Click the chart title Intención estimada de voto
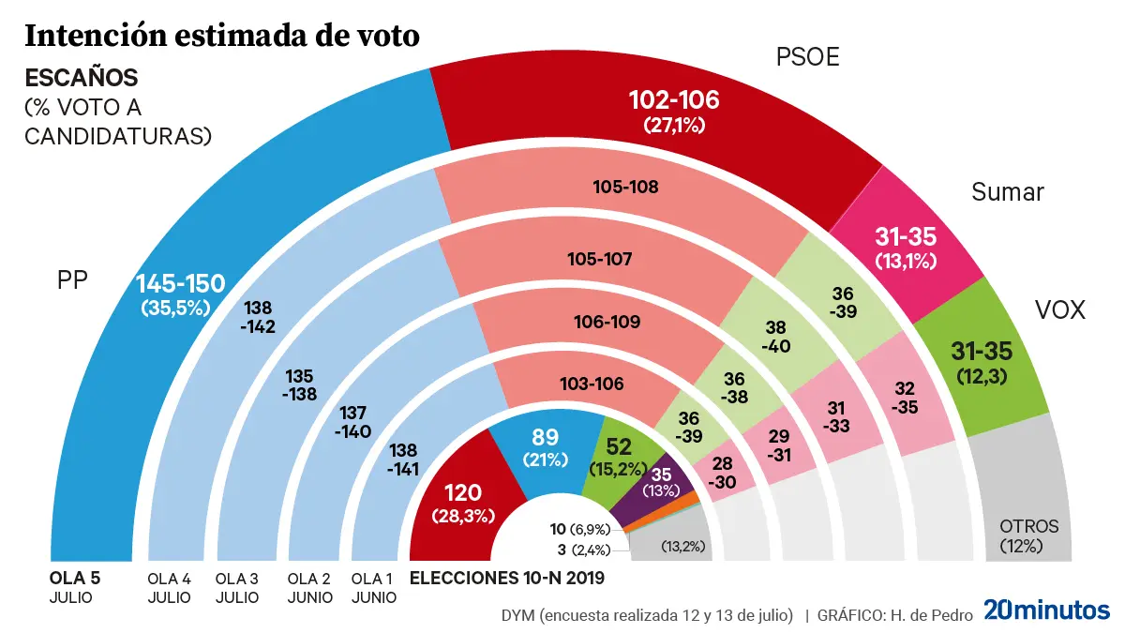click(221, 36)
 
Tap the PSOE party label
click(807, 58)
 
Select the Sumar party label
click(1007, 192)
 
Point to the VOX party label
click(1059, 310)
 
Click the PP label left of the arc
click(72, 280)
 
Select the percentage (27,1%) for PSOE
click(672, 124)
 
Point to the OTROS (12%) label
click(1028, 535)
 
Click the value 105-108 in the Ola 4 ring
click(625, 187)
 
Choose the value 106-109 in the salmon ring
click(607, 323)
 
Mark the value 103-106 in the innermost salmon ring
click(592, 384)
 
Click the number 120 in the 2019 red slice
click(464, 494)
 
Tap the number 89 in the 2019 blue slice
click(547, 438)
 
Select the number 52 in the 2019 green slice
click(618, 446)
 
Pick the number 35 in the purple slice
click(662, 475)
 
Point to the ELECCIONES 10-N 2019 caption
click(507, 578)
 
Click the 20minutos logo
click(1046, 610)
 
